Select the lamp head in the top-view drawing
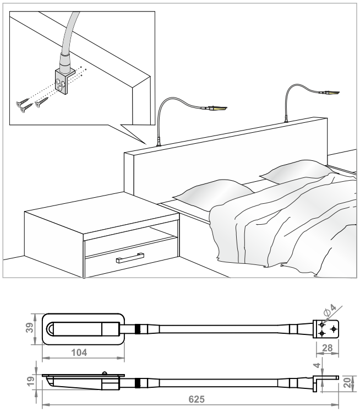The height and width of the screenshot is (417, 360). click(83, 329)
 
